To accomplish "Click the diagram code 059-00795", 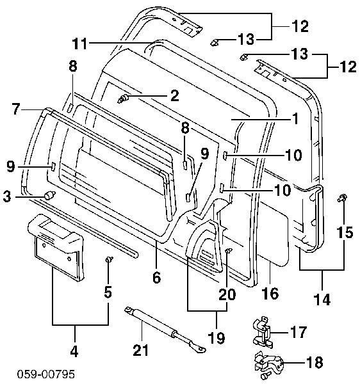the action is coord(46,374).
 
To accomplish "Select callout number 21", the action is coord(141,350).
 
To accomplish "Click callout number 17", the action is coord(299,332).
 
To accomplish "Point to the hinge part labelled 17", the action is coord(263,332).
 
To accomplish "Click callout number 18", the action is coord(315,362).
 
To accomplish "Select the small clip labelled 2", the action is coord(123,99).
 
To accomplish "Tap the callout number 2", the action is coord(174,95).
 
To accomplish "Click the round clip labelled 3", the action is coord(49,195).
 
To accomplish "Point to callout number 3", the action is coord(7,196).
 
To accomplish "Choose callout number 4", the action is coord(74,351).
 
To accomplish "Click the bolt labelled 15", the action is coord(342,198).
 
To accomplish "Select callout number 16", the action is coord(270,293).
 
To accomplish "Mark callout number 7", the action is coord(15,109).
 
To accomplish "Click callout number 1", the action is coord(296,119).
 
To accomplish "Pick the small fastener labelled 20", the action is coord(228,250).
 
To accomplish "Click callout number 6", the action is coord(156,278).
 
